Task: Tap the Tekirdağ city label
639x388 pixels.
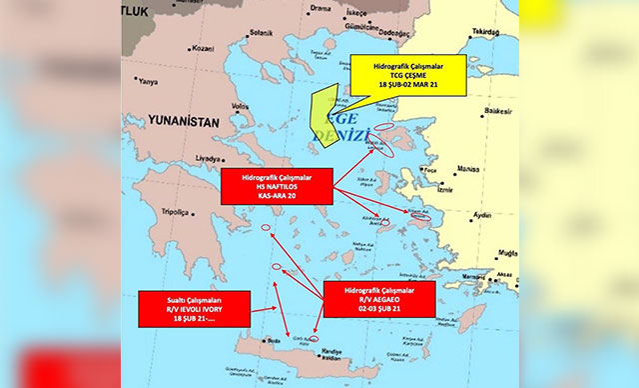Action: pos(484,32)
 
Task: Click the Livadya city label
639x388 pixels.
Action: pos(209,158)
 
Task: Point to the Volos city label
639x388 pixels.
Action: pos(240,105)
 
